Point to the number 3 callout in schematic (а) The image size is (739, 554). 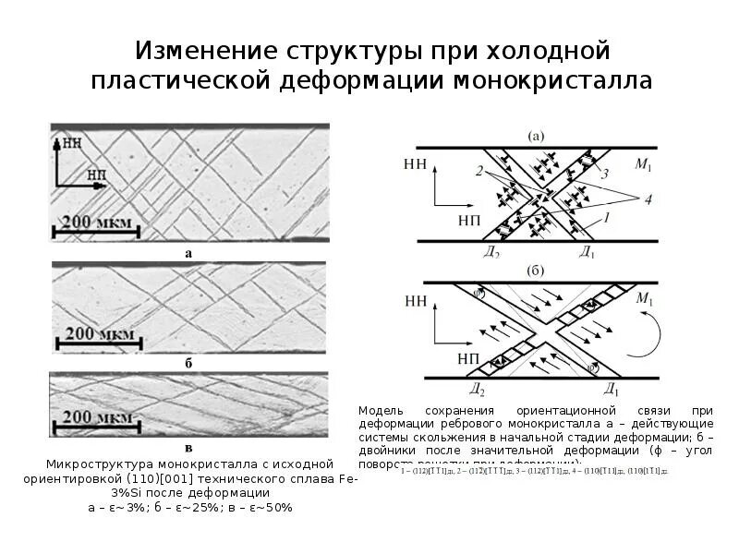click(x=605, y=173)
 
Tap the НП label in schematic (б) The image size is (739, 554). click(x=417, y=357)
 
